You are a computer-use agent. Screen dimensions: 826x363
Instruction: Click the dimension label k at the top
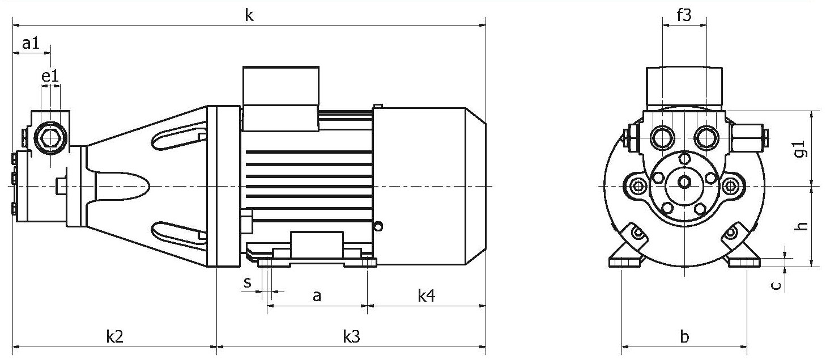coord(249,15)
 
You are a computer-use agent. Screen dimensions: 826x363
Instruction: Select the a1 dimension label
coord(31,44)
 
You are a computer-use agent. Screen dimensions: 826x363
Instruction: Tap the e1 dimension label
coord(50,76)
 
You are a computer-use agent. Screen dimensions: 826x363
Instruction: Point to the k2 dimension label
coord(114,336)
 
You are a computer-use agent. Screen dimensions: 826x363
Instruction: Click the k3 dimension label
coord(351,336)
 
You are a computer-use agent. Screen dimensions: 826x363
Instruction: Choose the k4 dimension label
coord(426,296)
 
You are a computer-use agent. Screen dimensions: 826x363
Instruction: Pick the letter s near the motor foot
coord(248,282)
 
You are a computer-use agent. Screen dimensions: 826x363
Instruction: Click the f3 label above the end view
coord(684,15)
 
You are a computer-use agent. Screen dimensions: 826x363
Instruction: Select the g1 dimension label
coord(801,149)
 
